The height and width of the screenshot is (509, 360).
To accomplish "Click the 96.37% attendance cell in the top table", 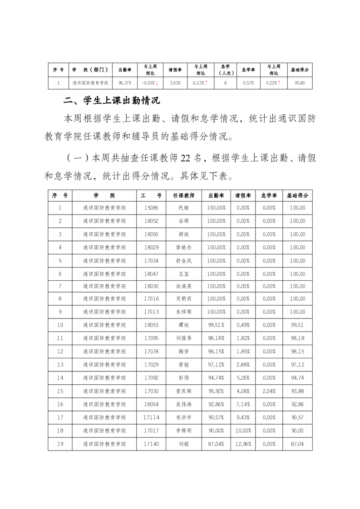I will coord(125,83).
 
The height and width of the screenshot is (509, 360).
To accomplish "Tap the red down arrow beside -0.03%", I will coord(157,83).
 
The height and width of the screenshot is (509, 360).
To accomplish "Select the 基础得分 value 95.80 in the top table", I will coord(300,83).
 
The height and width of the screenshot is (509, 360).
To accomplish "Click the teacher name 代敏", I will coord(183,208).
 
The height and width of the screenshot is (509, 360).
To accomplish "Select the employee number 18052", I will coord(151,221).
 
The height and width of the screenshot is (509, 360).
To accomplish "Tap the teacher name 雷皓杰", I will coord(183,247).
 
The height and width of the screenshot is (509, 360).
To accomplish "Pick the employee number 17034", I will coord(151,261).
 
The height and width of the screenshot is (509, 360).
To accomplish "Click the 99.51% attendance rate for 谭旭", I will coord(216,325).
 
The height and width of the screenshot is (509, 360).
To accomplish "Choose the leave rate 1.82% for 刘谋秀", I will coord(243,338).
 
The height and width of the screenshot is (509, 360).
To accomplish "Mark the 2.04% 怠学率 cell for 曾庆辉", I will coord(269,391).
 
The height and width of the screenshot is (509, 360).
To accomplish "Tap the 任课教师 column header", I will coord(183,196).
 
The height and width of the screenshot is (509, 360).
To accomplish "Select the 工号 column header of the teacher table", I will coord(151,196).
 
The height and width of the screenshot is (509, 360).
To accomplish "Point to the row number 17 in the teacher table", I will coord(60,417).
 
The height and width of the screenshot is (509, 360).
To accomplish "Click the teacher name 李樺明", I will coord(183,431).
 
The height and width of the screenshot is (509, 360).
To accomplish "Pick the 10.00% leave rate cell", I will coord(243,431).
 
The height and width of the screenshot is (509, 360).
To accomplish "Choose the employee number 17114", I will coord(151,417).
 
